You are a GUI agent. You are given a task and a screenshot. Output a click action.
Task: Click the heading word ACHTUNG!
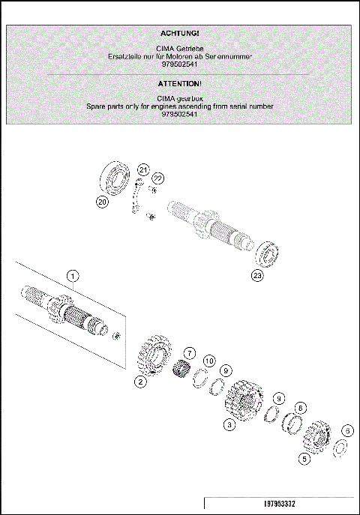point(180,34)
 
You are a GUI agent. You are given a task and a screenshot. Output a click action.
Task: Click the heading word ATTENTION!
point(180,83)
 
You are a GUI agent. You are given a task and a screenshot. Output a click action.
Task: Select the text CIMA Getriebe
point(180,49)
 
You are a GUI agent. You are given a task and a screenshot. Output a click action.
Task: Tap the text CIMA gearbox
point(180,98)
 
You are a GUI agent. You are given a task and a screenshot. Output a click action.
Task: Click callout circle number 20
point(103,201)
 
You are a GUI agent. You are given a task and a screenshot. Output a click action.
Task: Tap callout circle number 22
point(157,178)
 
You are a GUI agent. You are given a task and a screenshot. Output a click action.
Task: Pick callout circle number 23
point(257,275)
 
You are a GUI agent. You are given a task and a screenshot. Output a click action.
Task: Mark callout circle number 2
point(140,382)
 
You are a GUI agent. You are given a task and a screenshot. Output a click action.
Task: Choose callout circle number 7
point(189,352)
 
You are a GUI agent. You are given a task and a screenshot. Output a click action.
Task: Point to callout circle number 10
point(209,361)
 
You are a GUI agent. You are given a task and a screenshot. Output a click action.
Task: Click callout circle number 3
point(229,424)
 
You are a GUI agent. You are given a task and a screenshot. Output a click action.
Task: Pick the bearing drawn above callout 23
point(268,253)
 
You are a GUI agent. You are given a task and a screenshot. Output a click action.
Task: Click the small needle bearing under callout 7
point(180,370)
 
